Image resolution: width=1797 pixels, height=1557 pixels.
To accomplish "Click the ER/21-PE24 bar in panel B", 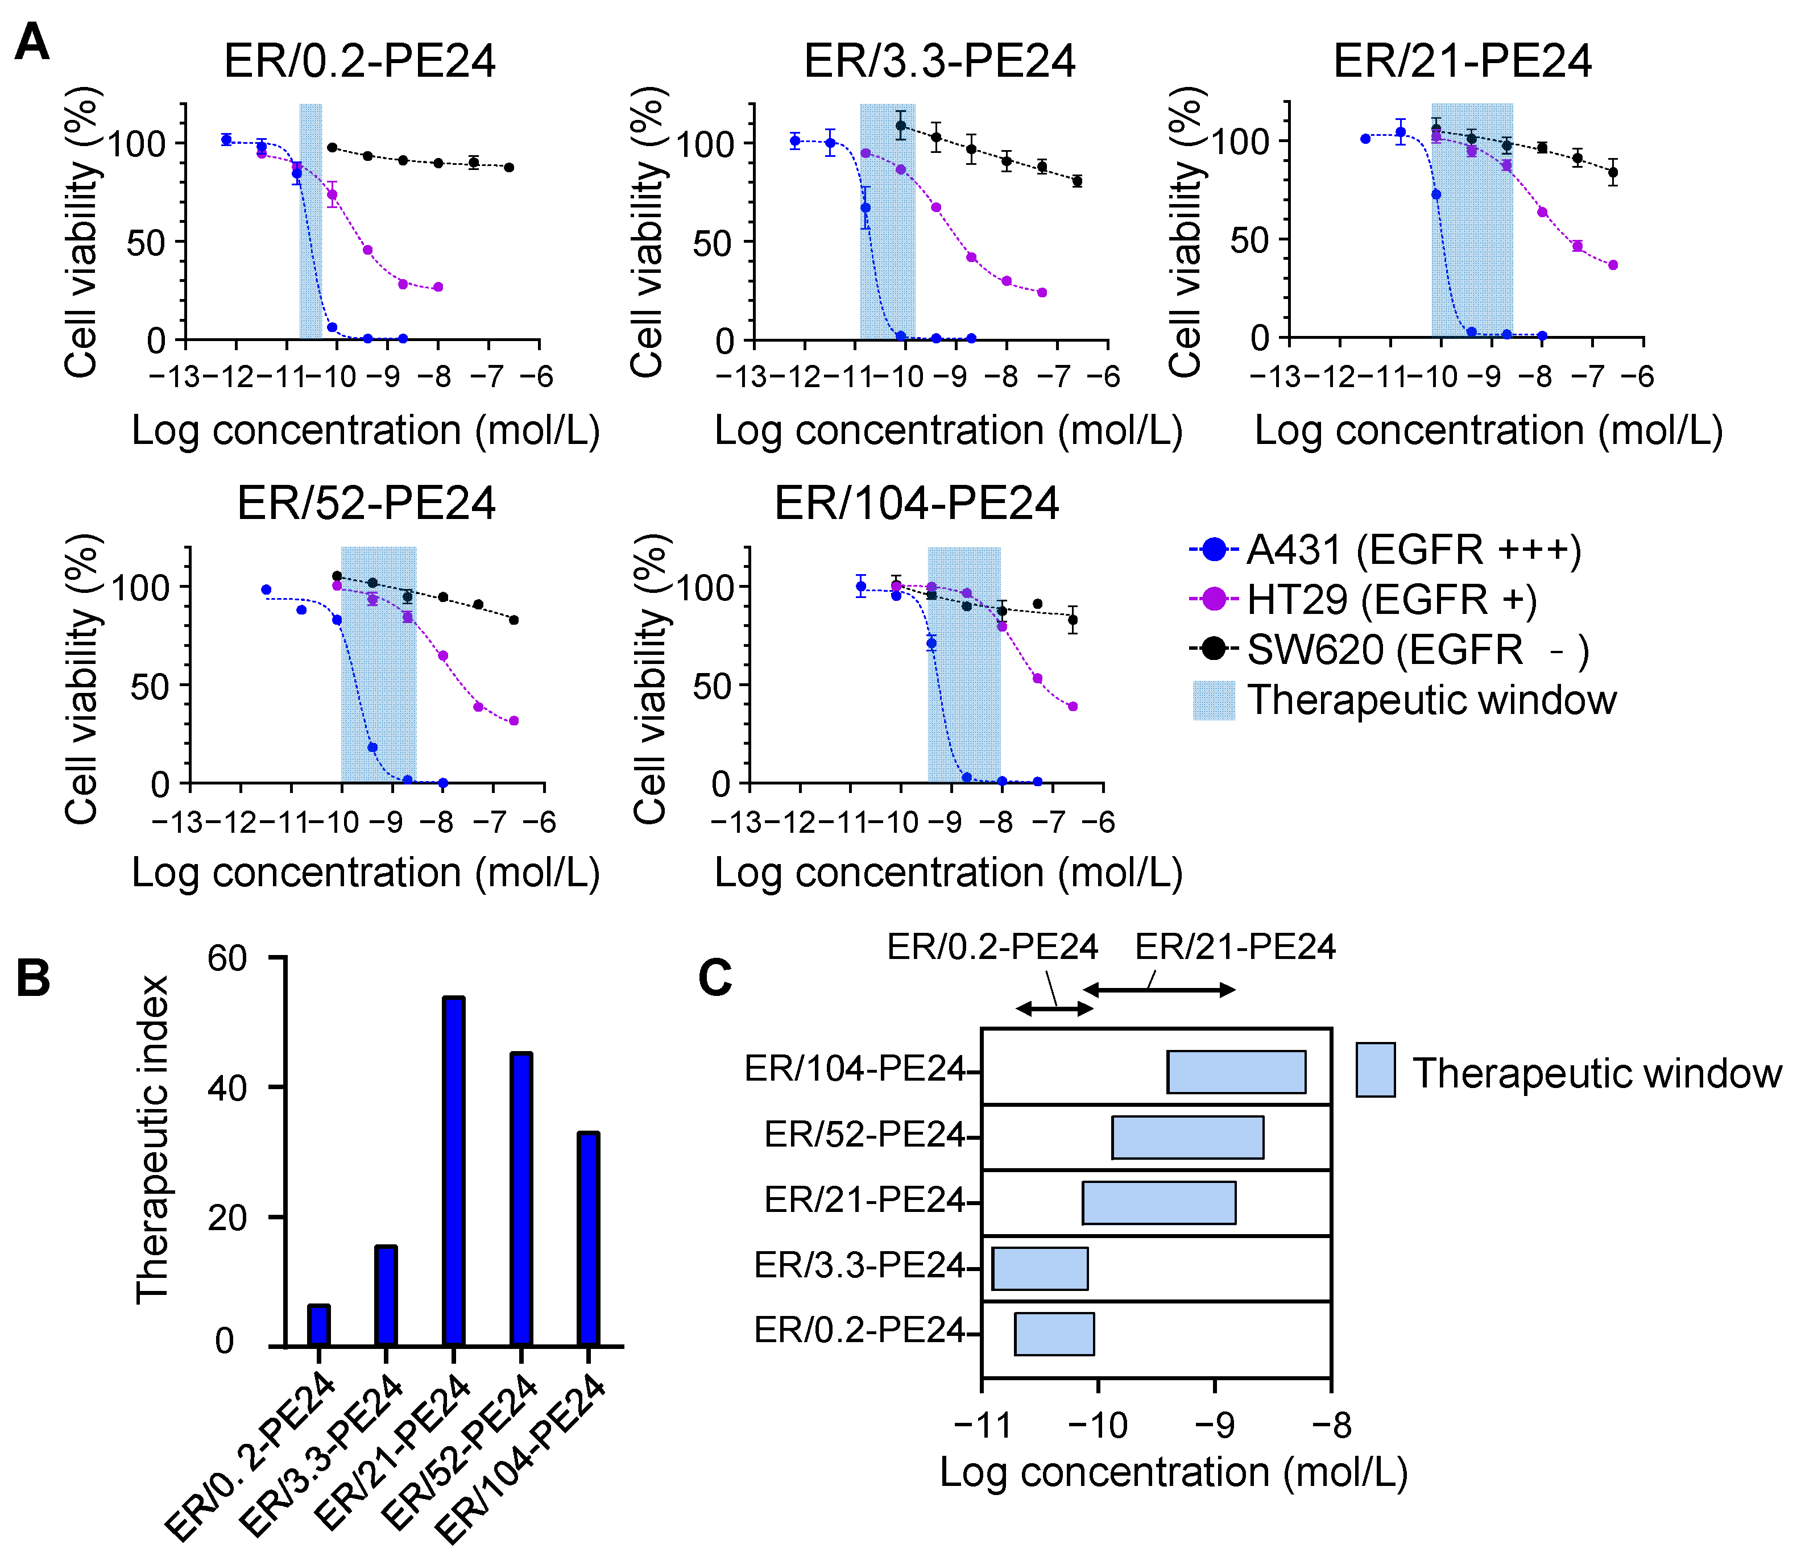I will pos(454,1172).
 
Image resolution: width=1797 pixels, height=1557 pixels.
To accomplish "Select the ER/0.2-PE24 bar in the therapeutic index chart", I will pos(319,1325).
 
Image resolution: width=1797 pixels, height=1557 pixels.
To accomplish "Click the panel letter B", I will pos(33,978).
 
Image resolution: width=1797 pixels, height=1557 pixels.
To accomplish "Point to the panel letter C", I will pos(715,978).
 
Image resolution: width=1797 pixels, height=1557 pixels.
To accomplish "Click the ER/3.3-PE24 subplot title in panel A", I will pos(939,61).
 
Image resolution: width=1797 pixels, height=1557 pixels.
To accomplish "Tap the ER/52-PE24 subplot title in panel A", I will pos(366,503).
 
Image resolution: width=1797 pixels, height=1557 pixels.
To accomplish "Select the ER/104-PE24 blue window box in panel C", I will pos(1236,1072).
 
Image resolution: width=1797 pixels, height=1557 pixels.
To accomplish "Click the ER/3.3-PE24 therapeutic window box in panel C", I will pos(1040,1269).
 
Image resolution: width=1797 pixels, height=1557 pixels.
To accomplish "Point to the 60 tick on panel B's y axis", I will pos(227,959).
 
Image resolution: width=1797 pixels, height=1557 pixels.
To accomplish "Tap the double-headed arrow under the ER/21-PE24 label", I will pos(1158,990).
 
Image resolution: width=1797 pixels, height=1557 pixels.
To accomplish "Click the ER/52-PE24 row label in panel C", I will pos(864,1135).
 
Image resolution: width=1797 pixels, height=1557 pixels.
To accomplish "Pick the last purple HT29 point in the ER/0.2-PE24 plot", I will pos(438,287).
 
